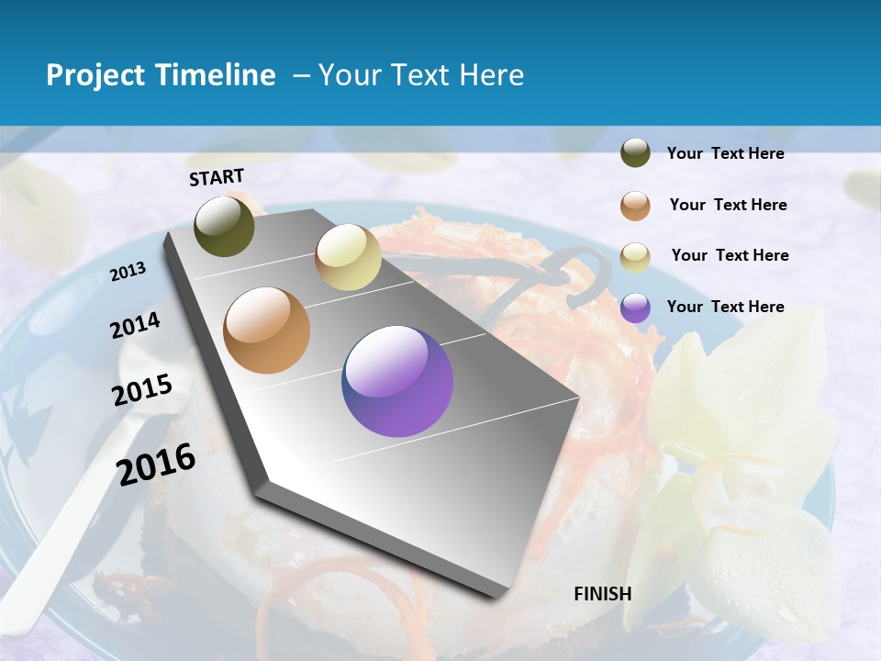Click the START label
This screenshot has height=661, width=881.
(217, 177)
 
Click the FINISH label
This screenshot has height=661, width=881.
(603, 594)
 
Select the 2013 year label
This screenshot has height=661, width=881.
(128, 272)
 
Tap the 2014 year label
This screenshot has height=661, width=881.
(135, 326)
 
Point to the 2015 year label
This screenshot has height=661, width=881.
(142, 390)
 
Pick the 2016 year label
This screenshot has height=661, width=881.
(156, 464)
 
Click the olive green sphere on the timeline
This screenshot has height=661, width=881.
(225, 226)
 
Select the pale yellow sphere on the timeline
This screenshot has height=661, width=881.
(348, 257)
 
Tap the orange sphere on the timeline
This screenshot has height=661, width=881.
(267, 330)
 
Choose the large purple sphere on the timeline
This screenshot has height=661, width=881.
(397, 381)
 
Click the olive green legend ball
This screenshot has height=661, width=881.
(635, 153)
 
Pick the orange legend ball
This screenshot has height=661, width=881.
(635, 205)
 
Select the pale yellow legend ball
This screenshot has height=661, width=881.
(635, 256)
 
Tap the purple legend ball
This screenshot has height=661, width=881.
(635, 307)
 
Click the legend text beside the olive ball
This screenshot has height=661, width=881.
(725, 153)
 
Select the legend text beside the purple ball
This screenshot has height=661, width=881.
(725, 307)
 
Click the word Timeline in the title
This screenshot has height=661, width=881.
(216, 75)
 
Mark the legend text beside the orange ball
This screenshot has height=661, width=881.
(728, 205)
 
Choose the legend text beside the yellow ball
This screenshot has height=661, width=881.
(730, 255)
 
